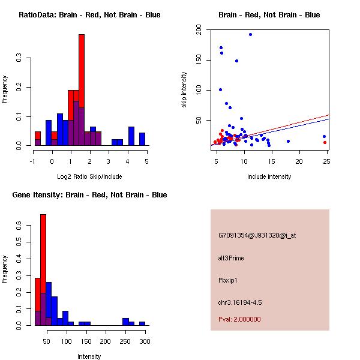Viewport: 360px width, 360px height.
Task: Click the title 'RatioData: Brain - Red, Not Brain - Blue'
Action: pos(89,15)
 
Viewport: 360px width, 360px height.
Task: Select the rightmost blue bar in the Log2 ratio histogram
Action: pos(142,139)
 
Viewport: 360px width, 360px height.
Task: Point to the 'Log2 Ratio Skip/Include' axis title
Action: pos(89,177)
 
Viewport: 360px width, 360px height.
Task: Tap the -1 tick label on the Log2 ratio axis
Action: pos(34,161)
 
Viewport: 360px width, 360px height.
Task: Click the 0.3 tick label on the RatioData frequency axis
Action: pos(19,58)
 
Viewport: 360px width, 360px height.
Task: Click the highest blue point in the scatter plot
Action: pos(250,34)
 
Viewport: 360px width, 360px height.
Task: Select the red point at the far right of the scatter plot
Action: pos(325,142)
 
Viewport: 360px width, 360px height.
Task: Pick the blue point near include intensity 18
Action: pos(288,141)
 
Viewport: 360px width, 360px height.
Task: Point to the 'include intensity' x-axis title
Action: pos(269,176)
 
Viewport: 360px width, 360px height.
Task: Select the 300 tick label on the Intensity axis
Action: pos(145,341)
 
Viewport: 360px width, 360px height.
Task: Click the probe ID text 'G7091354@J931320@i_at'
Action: pos(257,235)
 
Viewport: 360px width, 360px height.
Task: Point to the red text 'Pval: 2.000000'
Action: pos(239,319)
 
